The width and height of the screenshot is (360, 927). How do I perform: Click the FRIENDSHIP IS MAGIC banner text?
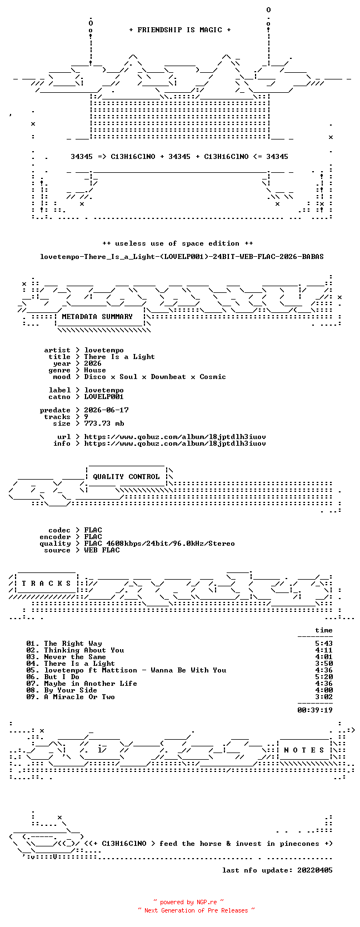pyautogui.click(x=180, y=30)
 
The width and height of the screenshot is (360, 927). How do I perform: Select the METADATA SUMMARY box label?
pyautogui.click(x=97, y=317)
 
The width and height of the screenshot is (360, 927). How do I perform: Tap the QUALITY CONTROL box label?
pyautogui.click(x=126, y=477)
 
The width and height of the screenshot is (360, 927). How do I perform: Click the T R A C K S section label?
pyautogui.click(x=46, y=584)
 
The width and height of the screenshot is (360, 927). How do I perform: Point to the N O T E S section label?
pyautogui.click(x=304, y=750)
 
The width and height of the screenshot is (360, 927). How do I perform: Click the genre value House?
pyautogui.click(x=95, y=370)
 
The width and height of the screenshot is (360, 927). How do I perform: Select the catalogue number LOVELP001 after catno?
pyautogui.click(x=104, y=397)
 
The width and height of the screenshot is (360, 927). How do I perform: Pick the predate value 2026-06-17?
pyautogui.click(x=106, y=410)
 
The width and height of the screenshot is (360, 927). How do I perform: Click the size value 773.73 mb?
pyautogui.click(x=104, y=423)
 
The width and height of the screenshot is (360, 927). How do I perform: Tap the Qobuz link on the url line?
pyautogui.click(x=175, y=437)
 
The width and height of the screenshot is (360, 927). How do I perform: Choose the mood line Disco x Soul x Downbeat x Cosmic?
pyautogui.click(x=155, y=377)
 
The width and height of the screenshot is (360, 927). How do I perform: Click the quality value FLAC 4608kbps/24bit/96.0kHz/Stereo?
pyautogui.click(x=159, y=544)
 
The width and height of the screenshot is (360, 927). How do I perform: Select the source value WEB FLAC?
pyautogui.click(x=102, y=550)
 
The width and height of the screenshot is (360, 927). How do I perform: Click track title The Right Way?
pyautogui.click(x=73, y=644)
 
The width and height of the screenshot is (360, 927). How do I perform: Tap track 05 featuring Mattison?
pyautogui.click(x=136, y=670)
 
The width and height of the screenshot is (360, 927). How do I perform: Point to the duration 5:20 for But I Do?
pyautogui.click(x=323, y=677)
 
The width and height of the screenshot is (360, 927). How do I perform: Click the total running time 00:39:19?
pyautogui.click(x=315, y=710)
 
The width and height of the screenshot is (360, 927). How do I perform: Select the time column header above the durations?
pyautogui.click(x=323, y=630)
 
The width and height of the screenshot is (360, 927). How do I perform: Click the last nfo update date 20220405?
pyautogui.click(x=315, y=870)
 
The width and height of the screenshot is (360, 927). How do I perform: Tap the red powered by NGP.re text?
pyautogui.click(x=188, y=902)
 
